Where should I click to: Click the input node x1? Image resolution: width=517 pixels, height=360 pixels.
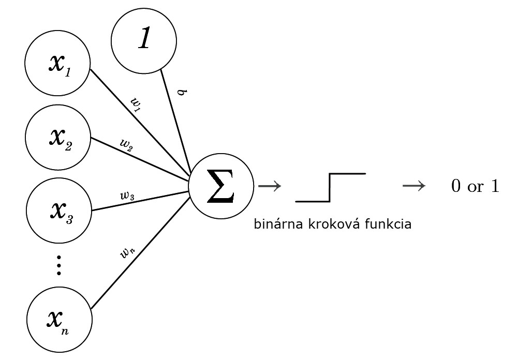[58, 63]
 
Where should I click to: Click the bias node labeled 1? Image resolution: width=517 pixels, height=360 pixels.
[144, 40]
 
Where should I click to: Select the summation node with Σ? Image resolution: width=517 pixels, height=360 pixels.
[220, 187]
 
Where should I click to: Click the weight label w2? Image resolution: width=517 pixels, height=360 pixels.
[126, 145]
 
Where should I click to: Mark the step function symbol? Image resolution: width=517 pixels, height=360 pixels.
[330, 187]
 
